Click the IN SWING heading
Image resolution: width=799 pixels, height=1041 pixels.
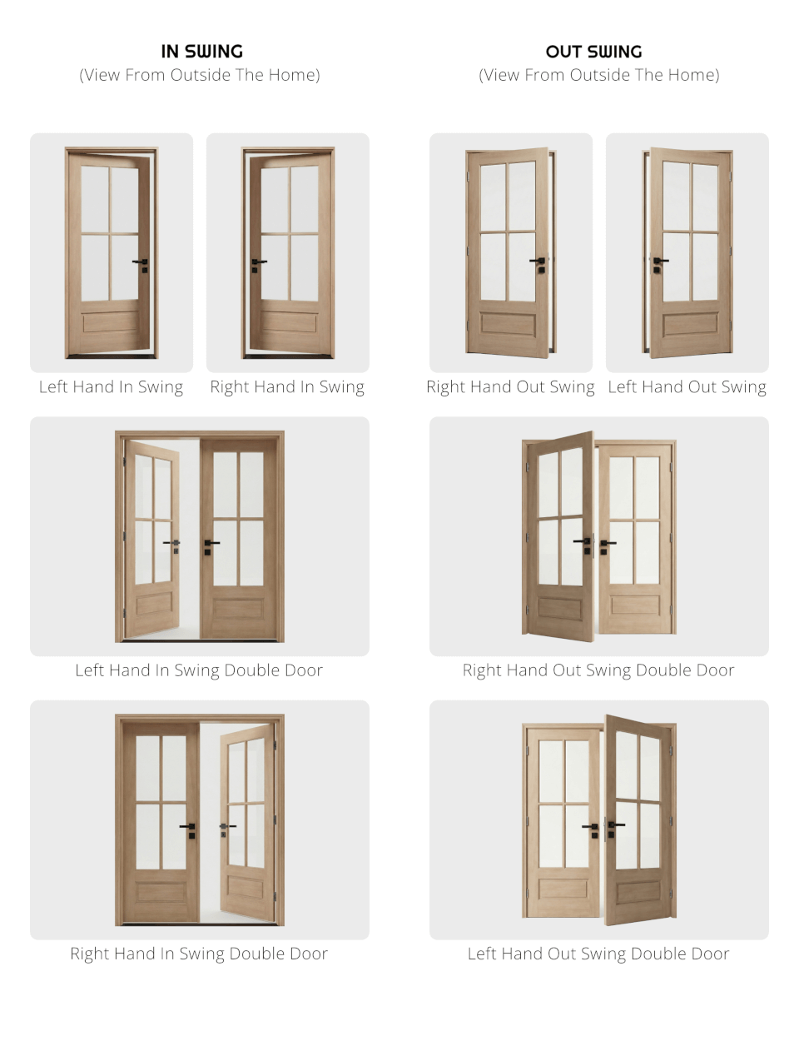pos(201,52)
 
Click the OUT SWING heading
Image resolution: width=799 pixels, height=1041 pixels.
pos(593,52)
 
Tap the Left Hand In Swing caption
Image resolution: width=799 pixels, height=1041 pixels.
pos(111,387)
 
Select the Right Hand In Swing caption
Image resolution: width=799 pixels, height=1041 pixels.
pos(287,387)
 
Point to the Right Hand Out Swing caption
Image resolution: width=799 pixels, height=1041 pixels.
pos(510,387)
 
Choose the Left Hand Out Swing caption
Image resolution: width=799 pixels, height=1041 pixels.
pos(687,387)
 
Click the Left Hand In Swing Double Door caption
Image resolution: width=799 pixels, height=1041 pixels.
pos(199,670)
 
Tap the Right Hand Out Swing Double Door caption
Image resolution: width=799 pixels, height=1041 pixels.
pos(598,670)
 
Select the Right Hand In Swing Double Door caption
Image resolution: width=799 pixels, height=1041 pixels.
pos(199,954)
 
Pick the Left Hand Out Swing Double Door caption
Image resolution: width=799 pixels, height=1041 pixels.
pos(598,954)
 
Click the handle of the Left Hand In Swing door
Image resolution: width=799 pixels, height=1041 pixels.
pos(141,263)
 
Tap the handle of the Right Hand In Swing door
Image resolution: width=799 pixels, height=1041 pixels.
pos(257,263)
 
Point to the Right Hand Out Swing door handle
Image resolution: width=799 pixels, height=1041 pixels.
pos(538,262)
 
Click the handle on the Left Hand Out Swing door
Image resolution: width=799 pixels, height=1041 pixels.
pos(659,262)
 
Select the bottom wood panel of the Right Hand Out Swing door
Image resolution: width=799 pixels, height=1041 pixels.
pos(508,324)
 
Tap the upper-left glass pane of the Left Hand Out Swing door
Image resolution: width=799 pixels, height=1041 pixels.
pos(676,196)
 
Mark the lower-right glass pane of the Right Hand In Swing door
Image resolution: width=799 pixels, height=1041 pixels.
pos(305,268)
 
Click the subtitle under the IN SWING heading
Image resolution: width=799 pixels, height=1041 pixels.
pos(200,75)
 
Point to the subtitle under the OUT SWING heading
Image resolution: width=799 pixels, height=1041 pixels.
pos(598,75)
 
